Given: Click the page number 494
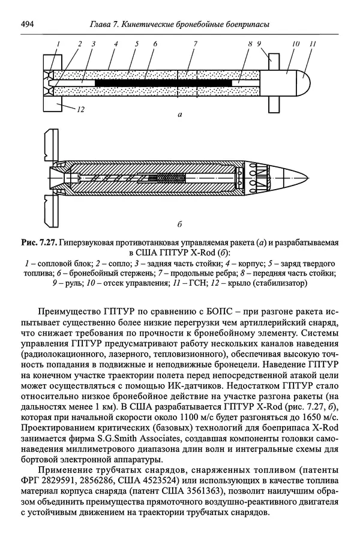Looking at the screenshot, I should [x=28, y=24].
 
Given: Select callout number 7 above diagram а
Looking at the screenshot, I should [x=195, y=44].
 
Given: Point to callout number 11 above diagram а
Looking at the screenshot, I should [x=313, y=44].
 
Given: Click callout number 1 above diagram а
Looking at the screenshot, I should [x=59, y=44].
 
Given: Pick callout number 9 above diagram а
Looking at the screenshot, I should [x=259, y=44].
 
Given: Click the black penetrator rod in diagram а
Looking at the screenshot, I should [x=162, y=80].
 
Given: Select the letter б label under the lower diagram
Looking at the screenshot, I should [x=181, y=225].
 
